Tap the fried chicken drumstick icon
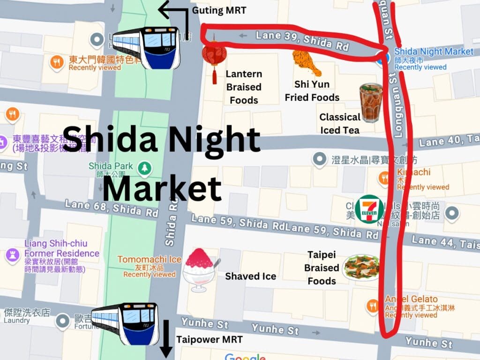click(x=307, y=63)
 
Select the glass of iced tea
click(x=371, y=103)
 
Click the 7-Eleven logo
click(x=369, y=209)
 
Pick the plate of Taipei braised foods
click(x=361, y=267)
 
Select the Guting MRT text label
click(x=219, y=10)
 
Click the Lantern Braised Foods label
click(x=244, y=87)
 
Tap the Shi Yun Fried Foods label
click(x=312, y=91)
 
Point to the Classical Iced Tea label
click(x=340, y=123)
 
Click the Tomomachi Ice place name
click(x=149, y=259)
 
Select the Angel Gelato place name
click(x=411, y=299)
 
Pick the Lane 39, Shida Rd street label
click(x=302, y=40)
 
